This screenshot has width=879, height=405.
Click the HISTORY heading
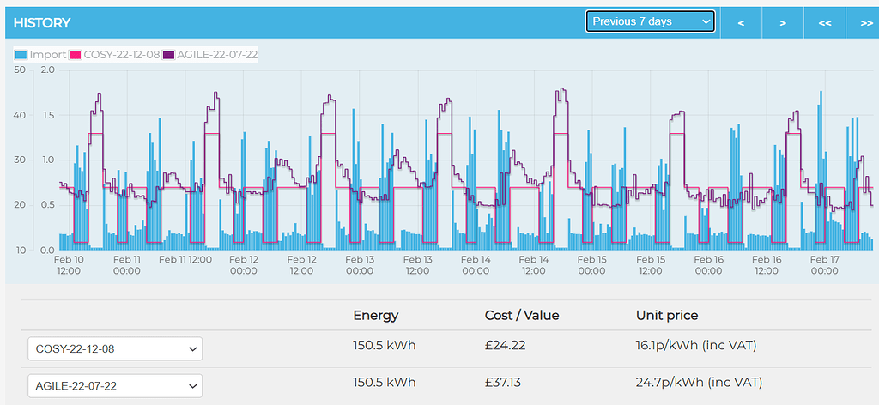pyautogui.click(x=42, y=22)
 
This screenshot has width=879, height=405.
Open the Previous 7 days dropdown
pyautogui.click(x=650, y=21)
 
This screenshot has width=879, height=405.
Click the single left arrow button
pyautogui.click(x=741, y=22)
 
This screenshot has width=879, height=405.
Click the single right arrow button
pyautogui.click(x=783, y=22)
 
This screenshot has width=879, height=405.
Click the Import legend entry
pyautogui.click(x=40, y=55)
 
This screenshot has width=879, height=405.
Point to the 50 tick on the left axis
pyautogui.click(x=20, y=70)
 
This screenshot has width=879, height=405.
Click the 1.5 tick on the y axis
pyautogui.click(x=48, y=115)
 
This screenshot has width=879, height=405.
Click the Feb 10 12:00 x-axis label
pyautogui.click(x=69, y=264)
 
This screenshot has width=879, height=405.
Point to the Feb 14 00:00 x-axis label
pyautogui.click(x=475, y=264)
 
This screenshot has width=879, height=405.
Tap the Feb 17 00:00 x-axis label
pyautogui.click(x=823, y=264)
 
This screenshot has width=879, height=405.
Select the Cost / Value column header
pyautogui.click(x=521, y=315)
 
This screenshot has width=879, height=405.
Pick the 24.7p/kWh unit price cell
pyautogui.click(x=699, y=382)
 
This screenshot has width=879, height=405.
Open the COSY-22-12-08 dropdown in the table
pyautogui.click(x=115, y=349)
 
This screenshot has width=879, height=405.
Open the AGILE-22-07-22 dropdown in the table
pyautogui.click(x=115, y=385)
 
